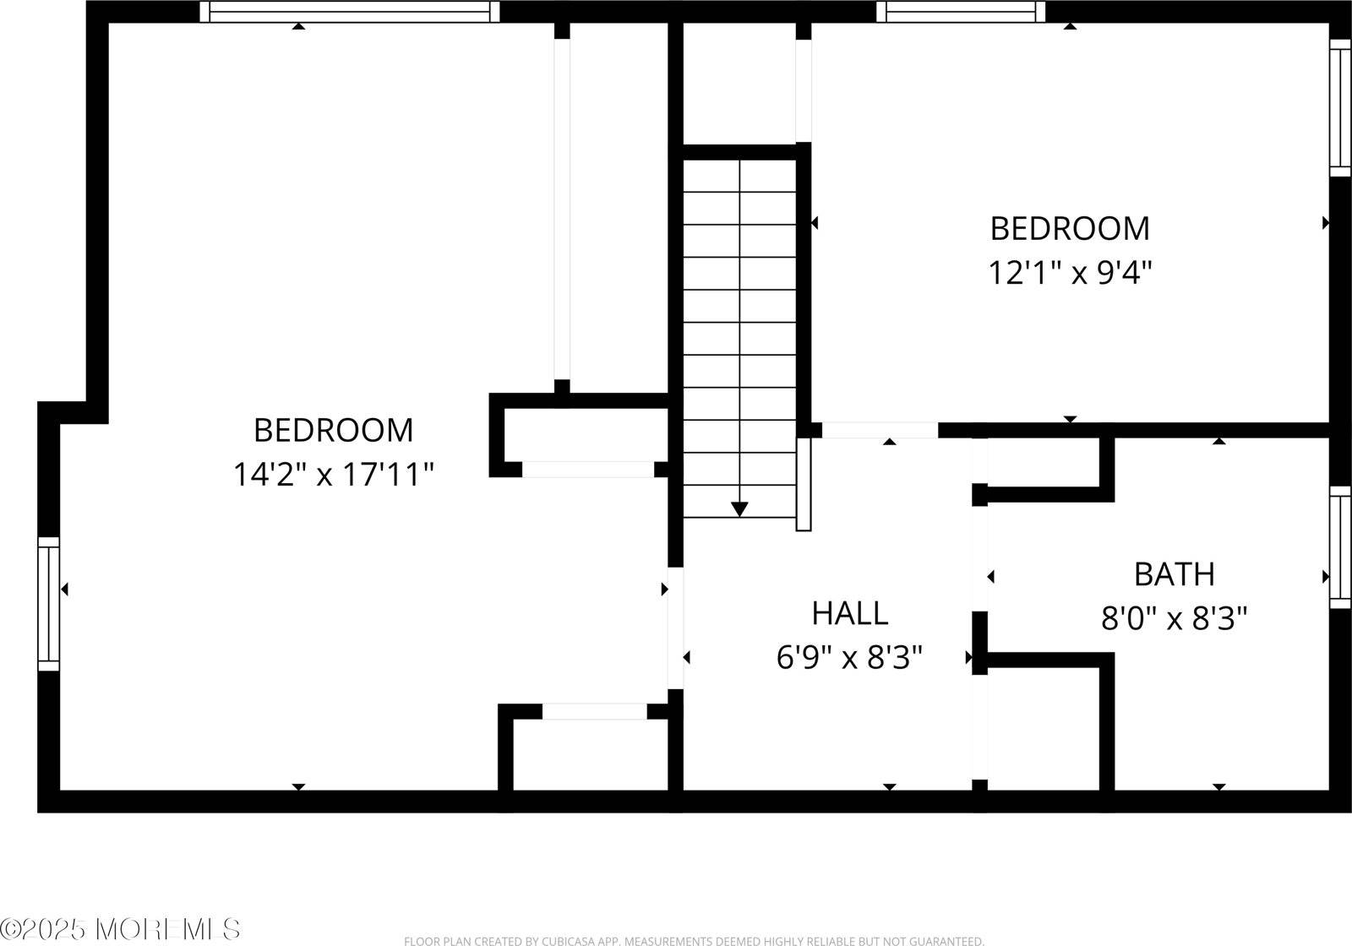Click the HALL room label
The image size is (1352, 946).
click(849, 613)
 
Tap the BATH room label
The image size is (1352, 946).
click(1174, 574)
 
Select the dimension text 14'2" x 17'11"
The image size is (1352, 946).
click(333, 475)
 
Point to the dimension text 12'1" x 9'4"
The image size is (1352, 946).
click(1070, 273)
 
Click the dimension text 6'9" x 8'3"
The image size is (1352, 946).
click(849, 657)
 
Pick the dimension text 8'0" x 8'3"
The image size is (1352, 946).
click(1174, 619)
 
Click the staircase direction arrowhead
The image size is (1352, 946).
click(739, 508)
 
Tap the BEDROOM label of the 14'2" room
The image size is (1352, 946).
click(333, 430)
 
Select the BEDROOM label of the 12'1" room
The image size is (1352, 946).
click(1070, 228)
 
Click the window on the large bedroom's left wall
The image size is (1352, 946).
click(49, 603)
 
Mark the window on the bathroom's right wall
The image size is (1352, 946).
click(1340, 546)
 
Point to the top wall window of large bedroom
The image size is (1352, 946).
click(350, 12)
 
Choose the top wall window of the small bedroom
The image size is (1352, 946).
click(961, 12)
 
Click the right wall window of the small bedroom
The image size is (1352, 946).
click(1340, 108)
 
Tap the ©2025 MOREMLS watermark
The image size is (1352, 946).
click(120, 929)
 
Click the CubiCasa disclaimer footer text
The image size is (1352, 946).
click(694, 940)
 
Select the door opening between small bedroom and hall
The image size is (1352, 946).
click(880, 430)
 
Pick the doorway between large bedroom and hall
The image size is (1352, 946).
click(675, 628)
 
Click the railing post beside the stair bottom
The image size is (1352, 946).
click(804, 483)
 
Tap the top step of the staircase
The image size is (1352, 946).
click(739, 176)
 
